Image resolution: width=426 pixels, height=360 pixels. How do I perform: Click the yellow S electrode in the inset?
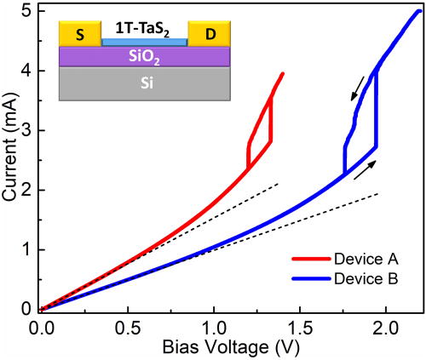tap(80, 35)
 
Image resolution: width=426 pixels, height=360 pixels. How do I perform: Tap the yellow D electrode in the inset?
tap(208, 35)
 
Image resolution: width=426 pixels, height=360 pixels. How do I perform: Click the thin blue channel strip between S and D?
tap(144, 42)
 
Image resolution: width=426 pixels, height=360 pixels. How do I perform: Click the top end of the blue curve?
tap(419, 10)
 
